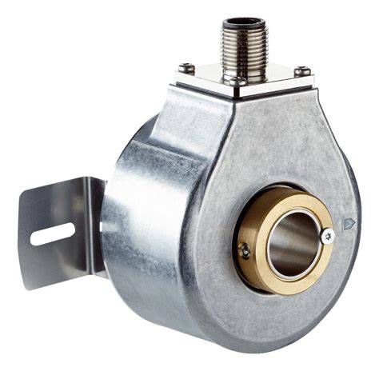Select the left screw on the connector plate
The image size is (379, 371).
tap(185, 68)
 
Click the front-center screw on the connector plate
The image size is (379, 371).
tap(234, 80)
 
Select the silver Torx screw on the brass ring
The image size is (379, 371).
tap(326, 236)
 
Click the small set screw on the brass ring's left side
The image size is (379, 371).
tap(245, 250)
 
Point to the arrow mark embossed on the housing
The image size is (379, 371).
tap(349, 225)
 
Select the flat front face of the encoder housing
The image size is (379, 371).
tap(264, 152)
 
